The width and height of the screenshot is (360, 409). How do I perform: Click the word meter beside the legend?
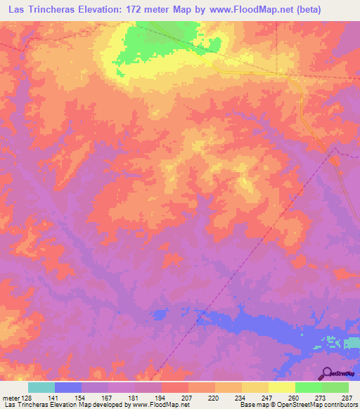(x=10, y=398)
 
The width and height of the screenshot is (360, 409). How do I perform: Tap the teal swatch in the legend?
(x=41, y=387)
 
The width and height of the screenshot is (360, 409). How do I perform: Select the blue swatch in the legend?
(x=67, y=387)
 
